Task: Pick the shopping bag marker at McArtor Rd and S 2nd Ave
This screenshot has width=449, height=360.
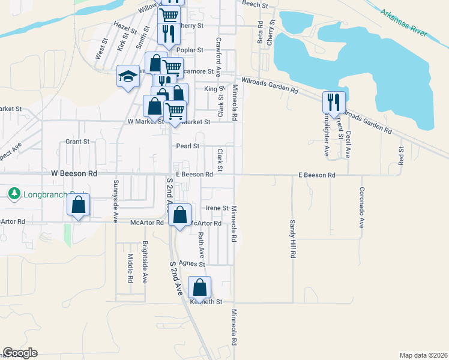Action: (x=179, y=215)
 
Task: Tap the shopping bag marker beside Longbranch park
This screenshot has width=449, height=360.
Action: (x=79, y=205)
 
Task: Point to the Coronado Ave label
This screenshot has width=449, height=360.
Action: (x=362, y=208)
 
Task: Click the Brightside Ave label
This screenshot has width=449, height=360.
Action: (x=145, y=262)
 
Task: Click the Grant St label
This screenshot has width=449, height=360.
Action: (x=77, y=142)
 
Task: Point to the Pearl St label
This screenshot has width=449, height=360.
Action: (x=187, y=146)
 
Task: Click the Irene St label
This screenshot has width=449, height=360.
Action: (x=217, y=208)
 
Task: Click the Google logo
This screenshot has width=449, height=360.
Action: (x=20, y=353)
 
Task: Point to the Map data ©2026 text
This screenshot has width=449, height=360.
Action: (x=424, y=355)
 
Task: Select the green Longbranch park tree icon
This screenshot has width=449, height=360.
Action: (x=15, y=194)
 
